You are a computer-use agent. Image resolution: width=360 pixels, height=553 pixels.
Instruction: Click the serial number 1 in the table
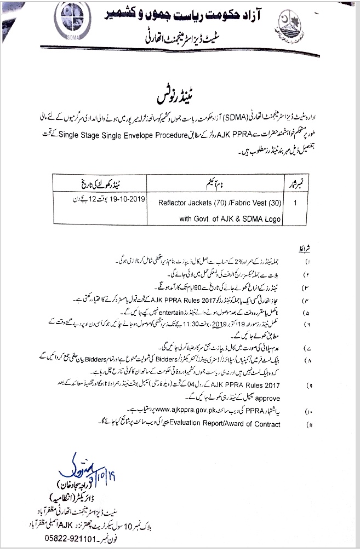(x=296, y=201)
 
